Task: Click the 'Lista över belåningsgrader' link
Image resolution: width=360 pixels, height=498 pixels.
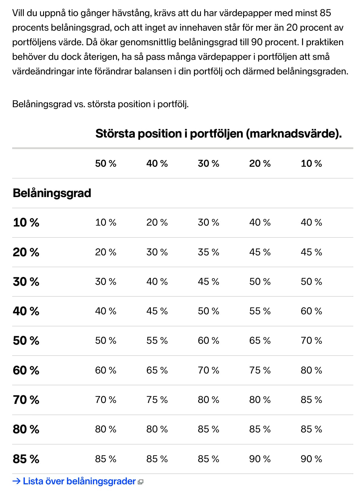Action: coord(79,481)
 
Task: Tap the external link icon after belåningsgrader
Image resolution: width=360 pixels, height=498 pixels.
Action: coord(140,482)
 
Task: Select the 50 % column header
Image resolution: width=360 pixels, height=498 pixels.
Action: coord(106,163)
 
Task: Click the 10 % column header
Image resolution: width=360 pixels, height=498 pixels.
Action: coord(311,163)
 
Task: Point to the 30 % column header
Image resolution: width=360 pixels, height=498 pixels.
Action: coord(208,163)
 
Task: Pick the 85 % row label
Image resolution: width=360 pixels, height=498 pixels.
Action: coord(26,459)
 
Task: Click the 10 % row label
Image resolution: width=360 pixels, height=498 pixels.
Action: coord(26,223)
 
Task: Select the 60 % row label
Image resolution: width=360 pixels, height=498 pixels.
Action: coord(26,370)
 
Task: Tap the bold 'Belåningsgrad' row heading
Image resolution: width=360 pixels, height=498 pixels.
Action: coord(52,193)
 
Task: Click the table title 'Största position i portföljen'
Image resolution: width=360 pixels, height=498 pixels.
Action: coord(219,134)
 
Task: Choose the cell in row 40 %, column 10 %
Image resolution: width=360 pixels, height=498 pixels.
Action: coord(311,311)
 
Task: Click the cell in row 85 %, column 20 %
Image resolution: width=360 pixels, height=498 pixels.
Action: coord(260,459)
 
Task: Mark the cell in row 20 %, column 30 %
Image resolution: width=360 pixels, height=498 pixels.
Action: coord(208,252)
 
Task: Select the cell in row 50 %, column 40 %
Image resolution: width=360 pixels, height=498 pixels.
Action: coord(157,340)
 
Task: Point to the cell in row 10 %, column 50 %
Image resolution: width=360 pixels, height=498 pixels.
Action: coord(106,223)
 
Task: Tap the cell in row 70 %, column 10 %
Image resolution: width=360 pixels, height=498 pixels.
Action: coord(311,400)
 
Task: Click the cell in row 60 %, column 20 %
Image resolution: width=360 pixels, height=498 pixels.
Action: coord(260,370)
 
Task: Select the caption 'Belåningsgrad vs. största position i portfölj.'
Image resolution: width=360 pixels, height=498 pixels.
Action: coord(100,104)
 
